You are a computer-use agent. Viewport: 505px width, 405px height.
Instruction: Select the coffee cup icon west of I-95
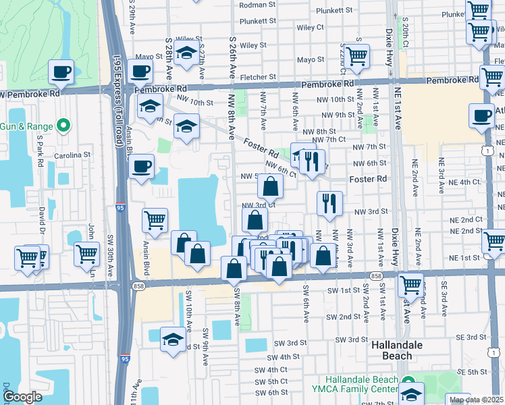[x=61, y=72]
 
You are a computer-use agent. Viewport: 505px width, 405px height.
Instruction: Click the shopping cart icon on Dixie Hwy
[x=410, y=285]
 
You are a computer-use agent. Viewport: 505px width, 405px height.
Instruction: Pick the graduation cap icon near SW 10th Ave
[x=174, y=340]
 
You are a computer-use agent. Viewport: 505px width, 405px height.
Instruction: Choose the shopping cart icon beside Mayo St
[x=356, y=56]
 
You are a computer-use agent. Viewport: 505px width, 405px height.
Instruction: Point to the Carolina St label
[x=74, y=155]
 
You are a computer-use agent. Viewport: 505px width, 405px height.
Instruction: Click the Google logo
[x=22, y=397]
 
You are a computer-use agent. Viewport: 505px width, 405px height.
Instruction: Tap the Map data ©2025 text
[x=475, y=399]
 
